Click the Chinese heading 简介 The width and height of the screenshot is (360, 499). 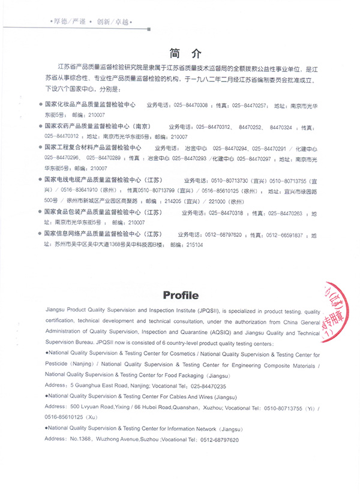coord(180,52)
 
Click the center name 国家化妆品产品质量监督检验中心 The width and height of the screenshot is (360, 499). coord(91,105)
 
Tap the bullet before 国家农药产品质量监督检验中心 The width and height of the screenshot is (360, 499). coord(40,127)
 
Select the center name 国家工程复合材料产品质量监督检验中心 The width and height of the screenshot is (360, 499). coord(93,147)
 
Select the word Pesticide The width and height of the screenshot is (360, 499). coord(59,364)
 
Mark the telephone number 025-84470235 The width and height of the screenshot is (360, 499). coord(206,386)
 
